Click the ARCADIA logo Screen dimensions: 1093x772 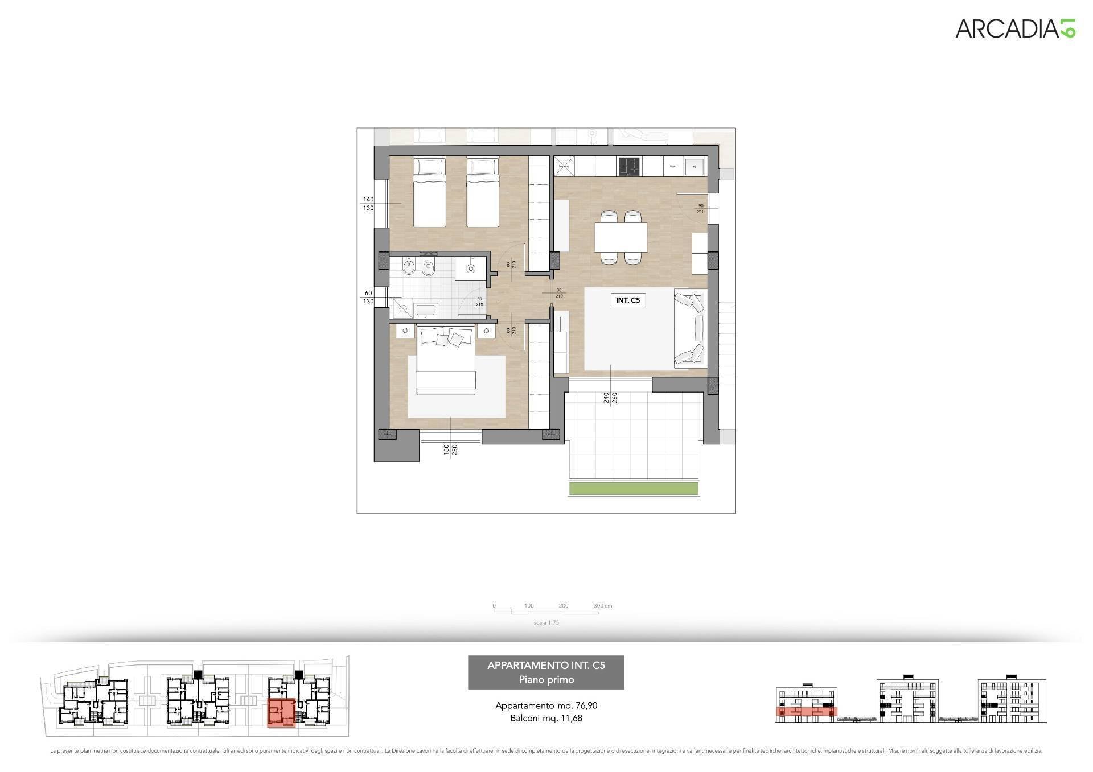pyautogui.click(x=1015, y=28)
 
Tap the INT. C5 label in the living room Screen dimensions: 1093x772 pyautogui.click(x=628, y=300)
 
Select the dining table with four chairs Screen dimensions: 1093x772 pyautogui.click(x=621, y=237)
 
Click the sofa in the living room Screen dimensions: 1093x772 pyautogui.click(x=689, y=328)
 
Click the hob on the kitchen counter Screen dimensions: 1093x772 pyautogui.click(x=629, y=167)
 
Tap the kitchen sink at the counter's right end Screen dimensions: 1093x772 pyautogui.click(x=695, y=167)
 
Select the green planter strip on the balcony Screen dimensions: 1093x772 pyautogui.click(x=634, y=488)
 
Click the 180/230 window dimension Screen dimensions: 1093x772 pyautogui.click(x=450, y=450)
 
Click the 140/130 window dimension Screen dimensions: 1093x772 pyautogui.click(x=368, y=204)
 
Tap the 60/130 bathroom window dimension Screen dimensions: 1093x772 pyautogui.click(x=368, y=297)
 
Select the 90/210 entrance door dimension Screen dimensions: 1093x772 pyautogui.click(x=700, y=208)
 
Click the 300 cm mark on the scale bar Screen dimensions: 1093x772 pyautogui.click(x=602, y=606)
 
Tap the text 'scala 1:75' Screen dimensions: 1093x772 pyautogui.click(x=546, y=622)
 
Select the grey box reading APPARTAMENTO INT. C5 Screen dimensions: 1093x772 pyautogui.click(x=546, y=672)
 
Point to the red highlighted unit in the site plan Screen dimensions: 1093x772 pyautogui.click(x=281, y=713)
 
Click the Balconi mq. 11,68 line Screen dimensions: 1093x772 pyautogui.click(x=546, y=718)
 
